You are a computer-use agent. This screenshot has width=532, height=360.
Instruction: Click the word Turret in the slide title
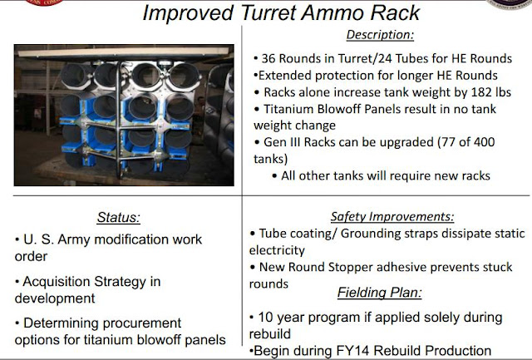(269, 13)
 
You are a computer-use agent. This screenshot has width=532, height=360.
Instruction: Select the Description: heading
(380, 35)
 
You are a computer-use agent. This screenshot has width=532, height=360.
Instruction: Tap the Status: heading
(118, 218)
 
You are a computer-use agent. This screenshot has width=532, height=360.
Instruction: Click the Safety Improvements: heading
(392, 216)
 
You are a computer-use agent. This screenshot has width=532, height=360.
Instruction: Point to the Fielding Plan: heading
(379, 293)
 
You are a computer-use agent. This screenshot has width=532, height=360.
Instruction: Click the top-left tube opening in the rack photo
(76, 75)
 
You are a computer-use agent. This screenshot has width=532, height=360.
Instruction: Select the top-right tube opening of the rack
(184, 76)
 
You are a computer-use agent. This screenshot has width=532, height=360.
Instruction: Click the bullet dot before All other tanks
(275, 176)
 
